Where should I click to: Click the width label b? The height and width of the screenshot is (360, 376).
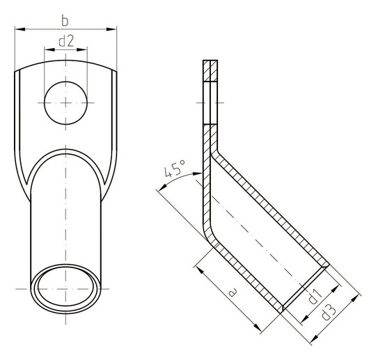pyautogui.click(x=66, y=17)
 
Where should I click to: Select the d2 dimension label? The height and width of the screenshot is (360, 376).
pyautogui.click(x=66, y=41)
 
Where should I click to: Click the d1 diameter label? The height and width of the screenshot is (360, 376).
pyautogui.click(x=314, y=295)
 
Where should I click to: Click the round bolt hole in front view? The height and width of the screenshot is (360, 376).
pyautogui.click(x=66, y=103)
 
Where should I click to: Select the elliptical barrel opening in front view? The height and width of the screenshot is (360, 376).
pyautogui.click(x=66, y=287)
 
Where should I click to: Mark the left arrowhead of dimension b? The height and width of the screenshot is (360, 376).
pyautogui.click(x=17, y=29)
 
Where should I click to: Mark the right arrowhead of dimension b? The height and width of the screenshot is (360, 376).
pyautogui.click(x=113, y=29)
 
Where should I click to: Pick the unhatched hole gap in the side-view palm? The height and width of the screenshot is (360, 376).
pyautogui.click(x=210, y=104)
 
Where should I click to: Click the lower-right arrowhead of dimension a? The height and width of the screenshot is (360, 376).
pyautogui.click(x=256, y=327)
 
